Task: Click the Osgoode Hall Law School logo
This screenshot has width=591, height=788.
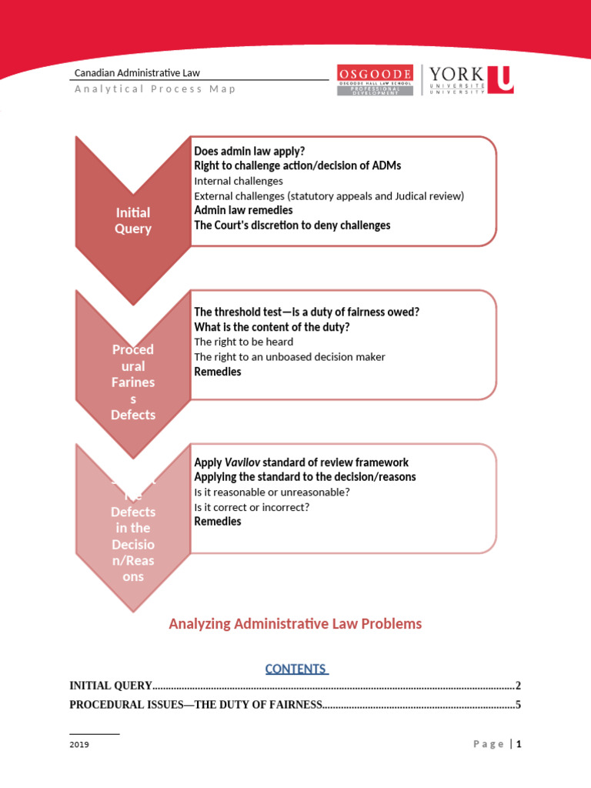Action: click(x=375, y=80)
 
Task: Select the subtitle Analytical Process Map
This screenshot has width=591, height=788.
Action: click(x=155, y=88)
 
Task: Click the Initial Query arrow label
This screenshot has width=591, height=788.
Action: click(x=133, y=220)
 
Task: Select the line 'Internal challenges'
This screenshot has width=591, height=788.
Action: click(x=239, y=181)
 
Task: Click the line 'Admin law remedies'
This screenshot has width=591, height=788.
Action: click(x=243, y=210)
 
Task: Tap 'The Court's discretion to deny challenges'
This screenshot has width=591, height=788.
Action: click(x=292, y=225)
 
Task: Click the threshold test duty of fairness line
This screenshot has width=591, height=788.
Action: click(x=306, y=312)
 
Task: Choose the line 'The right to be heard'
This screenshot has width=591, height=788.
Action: click(x=243, y=342)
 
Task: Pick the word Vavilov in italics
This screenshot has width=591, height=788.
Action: click(x=241, y=462)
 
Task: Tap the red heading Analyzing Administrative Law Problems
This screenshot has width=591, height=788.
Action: click(x=295, y=623)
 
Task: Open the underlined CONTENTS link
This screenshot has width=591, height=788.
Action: click(x=295, y=669)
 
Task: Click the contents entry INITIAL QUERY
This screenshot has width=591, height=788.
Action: click(x=111, y=686)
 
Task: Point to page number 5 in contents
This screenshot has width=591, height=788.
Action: click(x=519, y=704)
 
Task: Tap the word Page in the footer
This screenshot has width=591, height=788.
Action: click(x=489, y=744)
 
